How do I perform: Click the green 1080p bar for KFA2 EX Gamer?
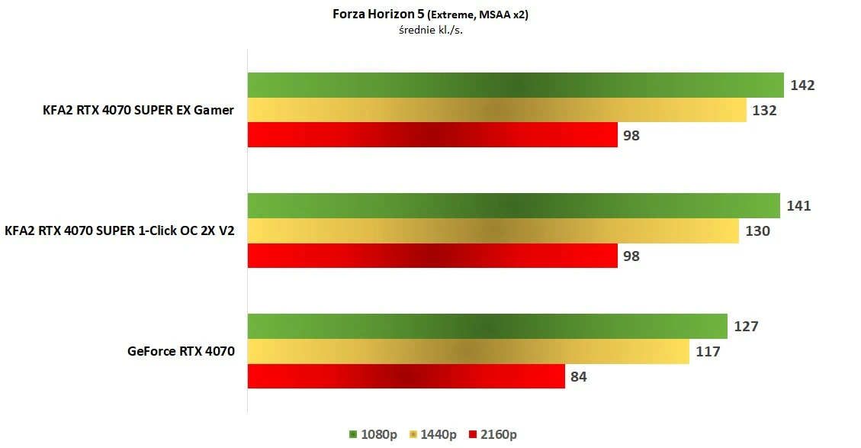click(x=516, y=85)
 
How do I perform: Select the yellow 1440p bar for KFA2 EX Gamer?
click(x=496, y=110)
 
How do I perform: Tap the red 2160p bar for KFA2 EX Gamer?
click(x=432, y=135)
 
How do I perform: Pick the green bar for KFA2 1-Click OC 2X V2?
click(x=513, y=206)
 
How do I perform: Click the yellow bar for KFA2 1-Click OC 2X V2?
click(x=493, y=230)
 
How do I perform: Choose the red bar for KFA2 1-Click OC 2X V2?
click(x=432, y=256)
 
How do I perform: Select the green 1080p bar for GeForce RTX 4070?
click(x=487, y=327)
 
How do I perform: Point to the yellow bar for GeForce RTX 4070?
click(x=468, y=351)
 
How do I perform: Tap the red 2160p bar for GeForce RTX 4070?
click(x=406, y=376)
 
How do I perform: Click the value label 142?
click(x=802, y=85)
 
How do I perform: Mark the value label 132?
click(x=764, y=110)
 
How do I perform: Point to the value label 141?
click(x=798, y=206)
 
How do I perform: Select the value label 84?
click(x=579, y=376)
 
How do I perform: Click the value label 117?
click(x=707, y=351)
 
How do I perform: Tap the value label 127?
click(x=746, y=327)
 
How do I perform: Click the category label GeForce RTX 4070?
click(x=181, y=351)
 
